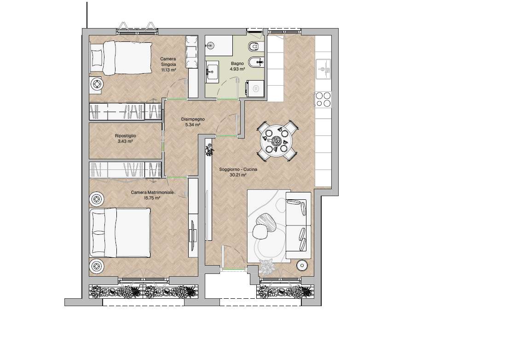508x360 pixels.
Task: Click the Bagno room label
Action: tap(237, 64)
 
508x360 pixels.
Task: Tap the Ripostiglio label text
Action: tap(125, 136)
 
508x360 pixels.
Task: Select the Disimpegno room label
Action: tap(193, 119)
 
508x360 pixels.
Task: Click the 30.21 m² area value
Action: tap(238, 175)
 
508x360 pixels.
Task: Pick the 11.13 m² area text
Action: tap(168, 70)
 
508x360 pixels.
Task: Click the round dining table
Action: tap(277, 140)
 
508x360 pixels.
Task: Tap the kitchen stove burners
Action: tap(323, 99)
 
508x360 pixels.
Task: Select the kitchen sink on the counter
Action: tap(323, 69)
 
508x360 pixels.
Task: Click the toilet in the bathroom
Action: tap(256, 47)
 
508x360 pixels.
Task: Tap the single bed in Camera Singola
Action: tap(121, 58)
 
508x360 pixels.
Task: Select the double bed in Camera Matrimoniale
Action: tap(120, 232)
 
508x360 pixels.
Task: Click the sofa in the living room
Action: tap(298, 225)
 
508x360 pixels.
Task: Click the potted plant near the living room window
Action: tap(268, 267)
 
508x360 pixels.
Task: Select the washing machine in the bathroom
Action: tap(255, 88)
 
